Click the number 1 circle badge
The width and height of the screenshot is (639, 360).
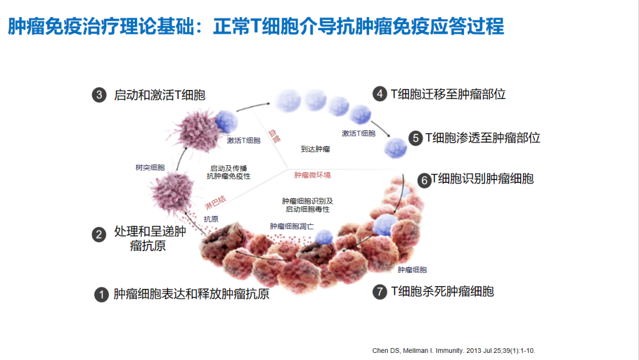click(x=101, y=294)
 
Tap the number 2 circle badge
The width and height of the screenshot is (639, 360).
click(x=99, y=234)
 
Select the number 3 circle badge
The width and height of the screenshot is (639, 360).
click(x=99, y=95)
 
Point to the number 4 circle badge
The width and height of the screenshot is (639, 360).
click(x=379, y=94)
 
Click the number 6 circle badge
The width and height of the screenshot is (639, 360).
click(x=424, y=180)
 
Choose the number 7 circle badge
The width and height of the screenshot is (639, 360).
click(x=379, y=292)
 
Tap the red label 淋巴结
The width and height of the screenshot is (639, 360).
click(x=215, y=201)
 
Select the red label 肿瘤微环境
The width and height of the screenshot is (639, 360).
click(x=312, y=175)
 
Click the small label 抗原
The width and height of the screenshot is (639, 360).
click(x=211, y=219)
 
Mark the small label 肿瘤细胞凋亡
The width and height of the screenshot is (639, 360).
click(x=292, y=226)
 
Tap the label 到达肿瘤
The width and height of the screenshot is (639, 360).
click(x=315, y=150)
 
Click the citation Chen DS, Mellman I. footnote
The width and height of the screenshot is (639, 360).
click(x=454, y=351)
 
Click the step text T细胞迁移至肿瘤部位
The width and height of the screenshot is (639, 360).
click(x=448, y=94)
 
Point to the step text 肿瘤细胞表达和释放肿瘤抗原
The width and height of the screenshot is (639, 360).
click(x=191, y=294)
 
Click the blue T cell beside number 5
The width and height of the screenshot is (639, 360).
click(x=395, y=146)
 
